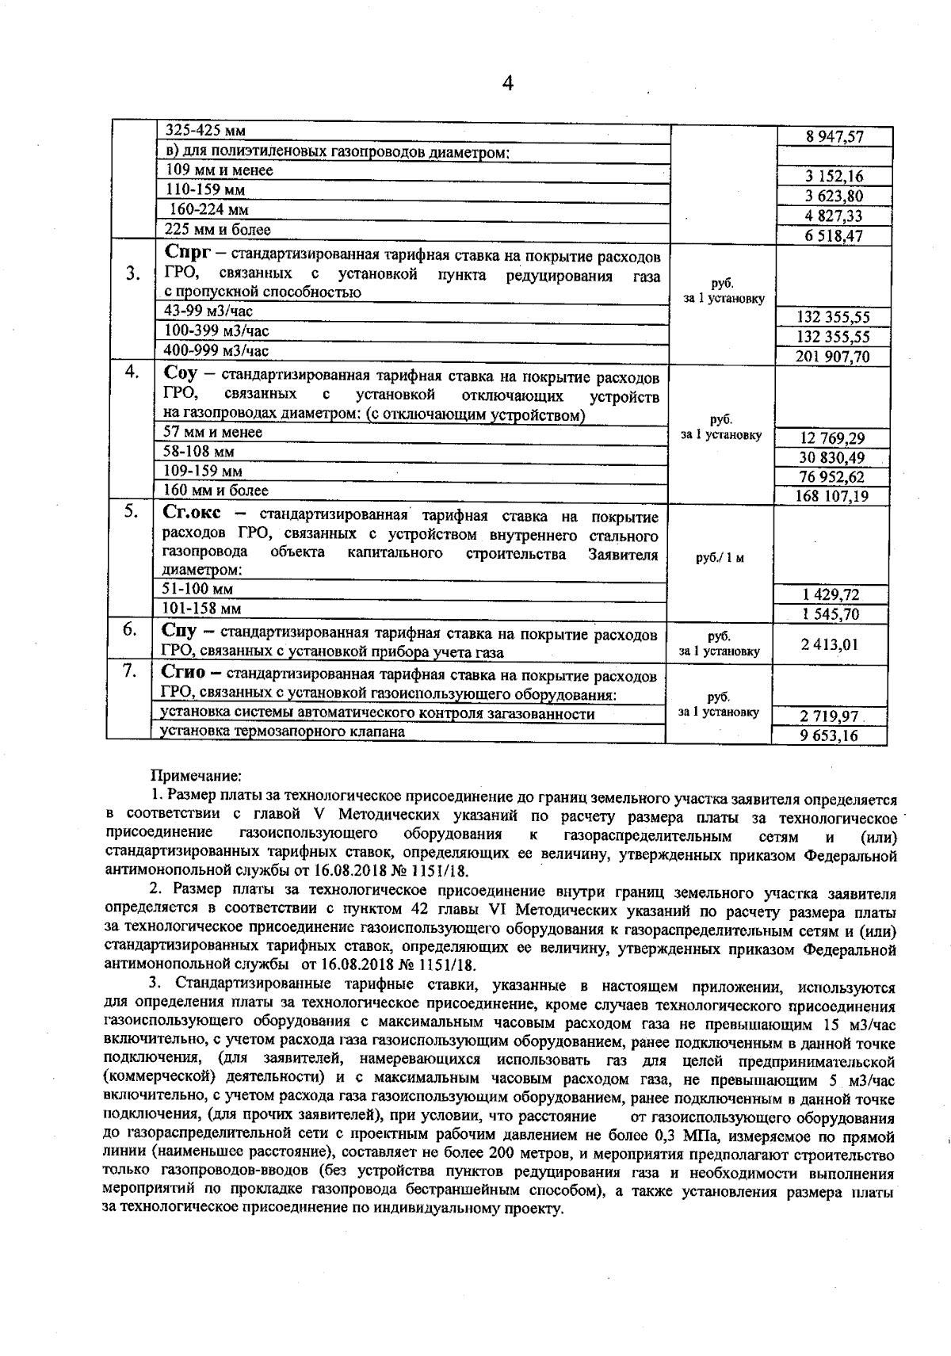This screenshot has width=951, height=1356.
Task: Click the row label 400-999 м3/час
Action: pos(216,350)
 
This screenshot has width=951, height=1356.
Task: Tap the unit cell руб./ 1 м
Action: pos(720,558)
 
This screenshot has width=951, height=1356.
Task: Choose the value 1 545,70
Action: pos(831,614)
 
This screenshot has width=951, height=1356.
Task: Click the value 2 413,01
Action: pos(830,644)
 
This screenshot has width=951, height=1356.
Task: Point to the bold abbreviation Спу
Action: pos(179,632)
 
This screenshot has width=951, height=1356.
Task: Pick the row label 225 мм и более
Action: pos(218,230)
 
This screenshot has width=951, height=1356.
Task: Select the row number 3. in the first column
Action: pos(133,274)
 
